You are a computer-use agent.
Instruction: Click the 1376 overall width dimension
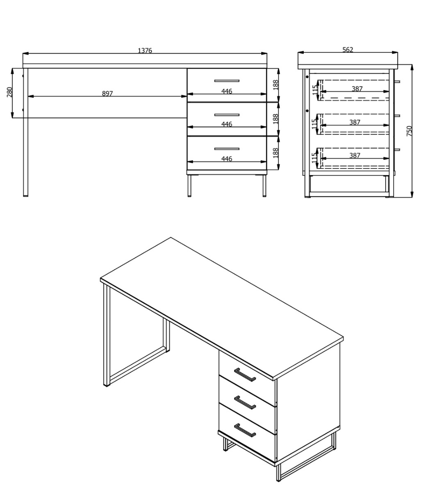[x=145, y=51]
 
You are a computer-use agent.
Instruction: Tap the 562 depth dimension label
[x=348, y=50]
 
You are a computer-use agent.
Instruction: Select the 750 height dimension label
[x=409, y=131]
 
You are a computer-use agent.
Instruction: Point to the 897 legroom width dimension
[x=107, y=94]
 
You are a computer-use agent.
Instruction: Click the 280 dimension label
[x=9, y=92]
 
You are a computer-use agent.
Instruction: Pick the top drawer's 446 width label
[x=227, y=91]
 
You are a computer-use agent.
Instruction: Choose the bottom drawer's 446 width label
[x=227, y=159]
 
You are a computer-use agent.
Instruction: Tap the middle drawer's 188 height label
[x=275, y=119]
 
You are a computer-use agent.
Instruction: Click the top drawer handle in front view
[x=227, y=81]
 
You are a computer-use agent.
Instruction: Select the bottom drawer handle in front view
[x=227, y=149]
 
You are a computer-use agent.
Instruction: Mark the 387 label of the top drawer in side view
[x=357, y=89]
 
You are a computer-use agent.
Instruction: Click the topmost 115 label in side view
[x=314, y=90]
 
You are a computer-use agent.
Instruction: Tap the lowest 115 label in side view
[x=314, y=158]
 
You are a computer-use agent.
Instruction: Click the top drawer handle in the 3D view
[x=245, y=375]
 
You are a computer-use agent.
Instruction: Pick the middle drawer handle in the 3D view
[x=245, y=402]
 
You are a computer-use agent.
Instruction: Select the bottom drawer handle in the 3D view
[x=245, y=430]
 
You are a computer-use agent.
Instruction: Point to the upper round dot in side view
[x=307, y=77]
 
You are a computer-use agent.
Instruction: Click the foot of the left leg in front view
[x=25, y=196]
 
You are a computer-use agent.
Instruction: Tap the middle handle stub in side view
[x=397, y=116]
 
